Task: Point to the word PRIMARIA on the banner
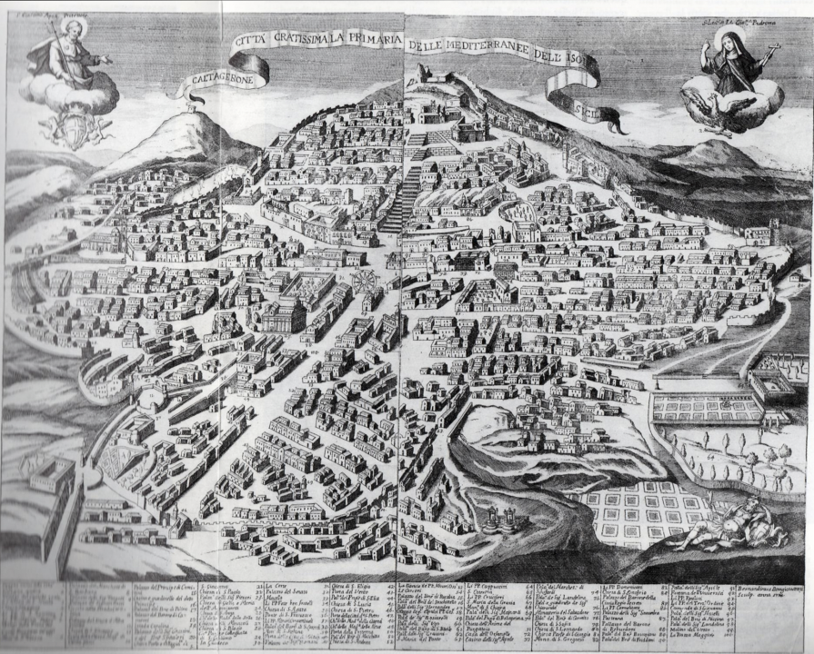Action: pos(373,40)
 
